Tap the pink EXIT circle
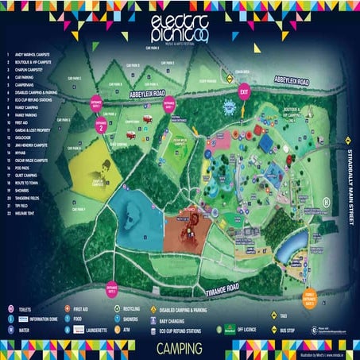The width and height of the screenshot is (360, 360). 244,92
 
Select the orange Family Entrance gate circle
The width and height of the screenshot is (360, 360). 312,297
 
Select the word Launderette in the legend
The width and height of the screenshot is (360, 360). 94,326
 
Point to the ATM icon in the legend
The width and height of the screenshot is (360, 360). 116,326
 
